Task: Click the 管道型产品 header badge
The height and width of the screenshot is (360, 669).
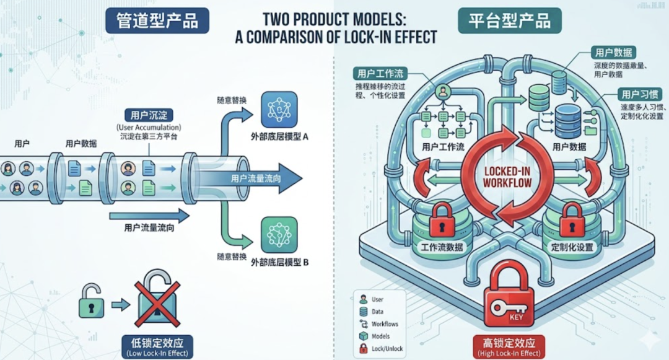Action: click(x=157, y=20)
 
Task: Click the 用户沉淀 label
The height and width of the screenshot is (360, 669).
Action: click(x=149, y=115)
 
